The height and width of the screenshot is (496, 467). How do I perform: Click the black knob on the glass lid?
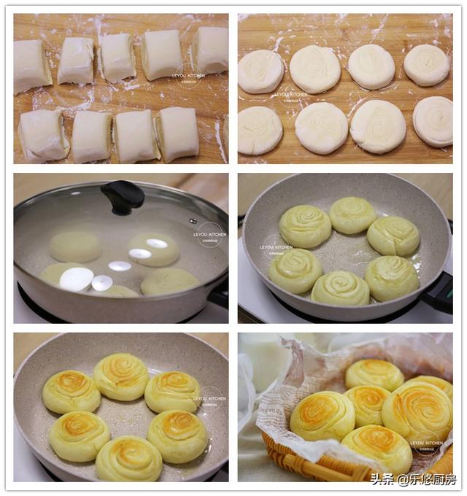[x=123, y=195]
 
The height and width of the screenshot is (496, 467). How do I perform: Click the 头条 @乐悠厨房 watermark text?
[x=412, y=479]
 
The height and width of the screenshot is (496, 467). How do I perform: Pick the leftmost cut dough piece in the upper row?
[x=32, y=66]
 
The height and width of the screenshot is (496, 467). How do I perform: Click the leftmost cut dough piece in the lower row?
[x=42, y=135]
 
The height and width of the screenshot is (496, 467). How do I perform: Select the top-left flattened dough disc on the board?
[x=260, y=71]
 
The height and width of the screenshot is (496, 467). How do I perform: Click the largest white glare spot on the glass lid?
[x=76, y=279]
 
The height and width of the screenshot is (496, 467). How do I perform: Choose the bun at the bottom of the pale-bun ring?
[x=340, y=288]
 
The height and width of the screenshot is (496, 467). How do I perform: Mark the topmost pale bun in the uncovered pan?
[x=352, y=214]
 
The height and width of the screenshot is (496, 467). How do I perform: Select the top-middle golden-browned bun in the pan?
[x=121, y=376]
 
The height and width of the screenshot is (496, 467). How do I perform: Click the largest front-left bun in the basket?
[x=322, y=415]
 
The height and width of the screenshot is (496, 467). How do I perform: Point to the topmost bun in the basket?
[x=374, y=373]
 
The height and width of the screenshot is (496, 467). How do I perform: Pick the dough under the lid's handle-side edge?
[x=169, y=281]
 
